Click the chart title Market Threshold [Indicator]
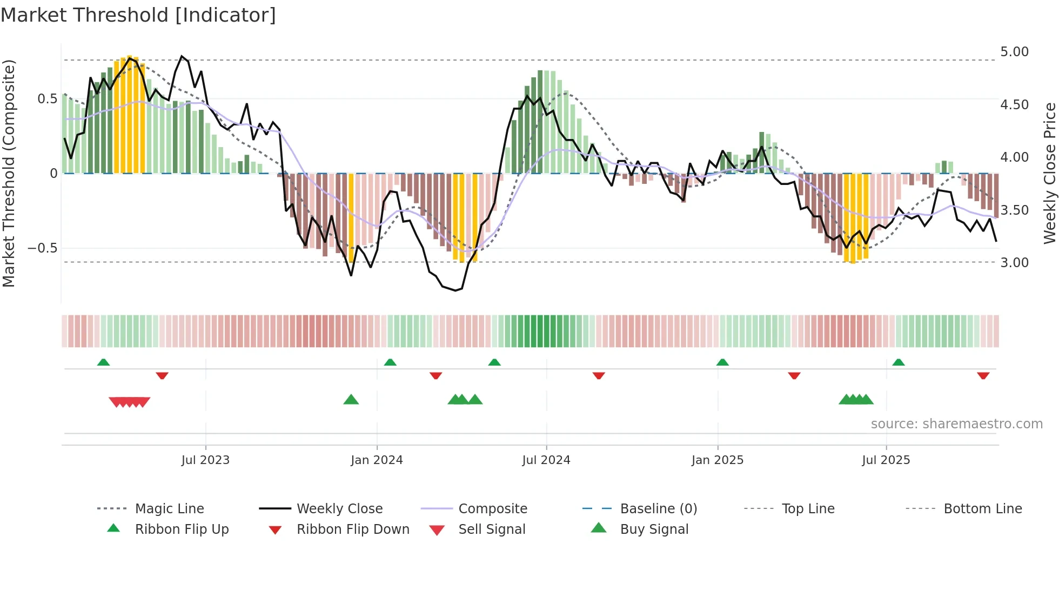click(138, 15)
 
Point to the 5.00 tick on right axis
click(1014, 52)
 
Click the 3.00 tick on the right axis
click(1014, 263)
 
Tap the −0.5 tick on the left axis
click(43, 248)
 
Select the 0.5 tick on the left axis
click(47, 99)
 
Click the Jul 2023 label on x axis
click(205, 460)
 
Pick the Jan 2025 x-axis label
click(717, 460)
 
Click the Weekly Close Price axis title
click(1049, 173)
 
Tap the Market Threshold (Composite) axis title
click(9, 173)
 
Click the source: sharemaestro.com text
click(956, 424)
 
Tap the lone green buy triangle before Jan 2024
click(351, 400)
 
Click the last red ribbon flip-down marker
click(983, 375)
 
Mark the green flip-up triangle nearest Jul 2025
click(898, 362)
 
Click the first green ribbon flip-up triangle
click(103, 362)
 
